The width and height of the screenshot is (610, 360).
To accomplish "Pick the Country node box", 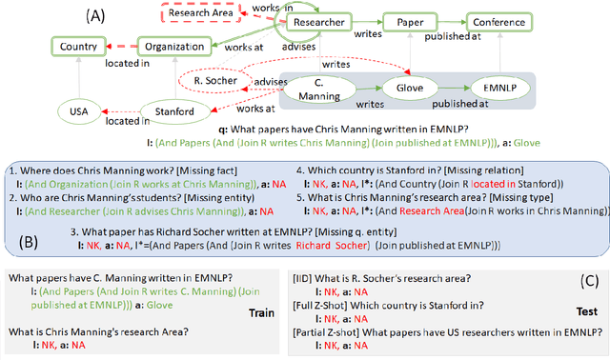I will [80, 46].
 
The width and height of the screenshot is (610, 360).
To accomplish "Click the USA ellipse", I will [84, 112].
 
